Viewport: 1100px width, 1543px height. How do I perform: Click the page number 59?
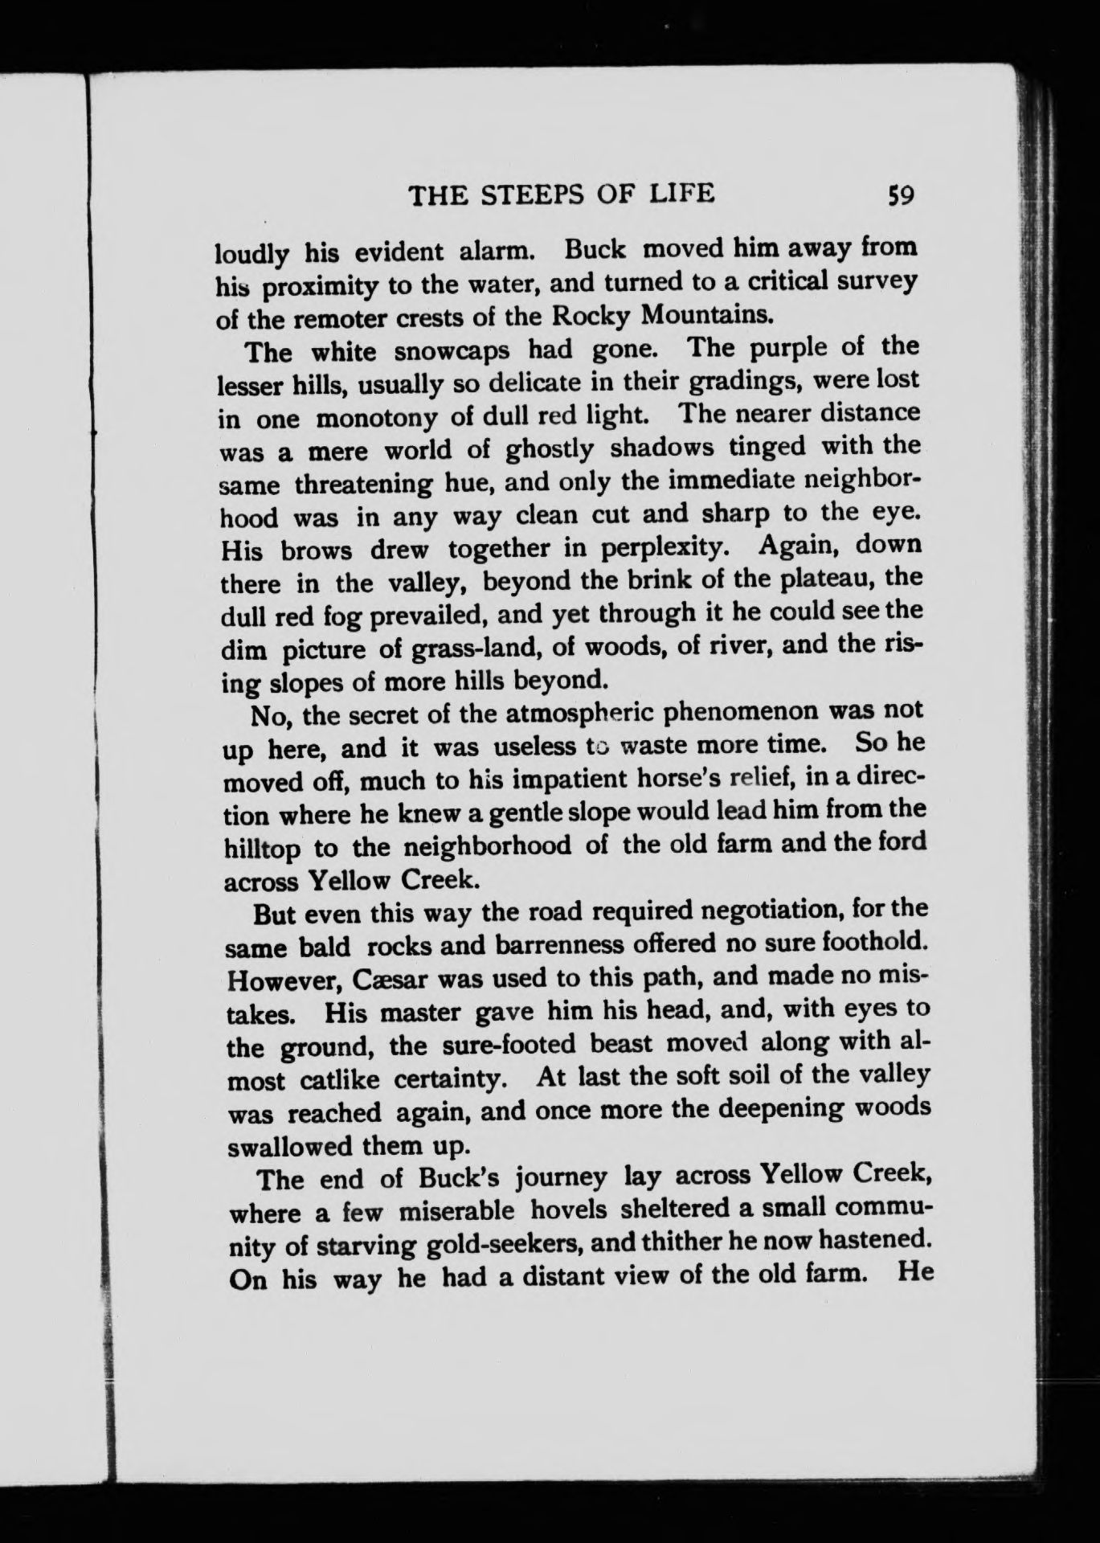click(x=898, y=196)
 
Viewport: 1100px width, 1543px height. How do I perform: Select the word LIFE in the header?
click(x=681, y=195)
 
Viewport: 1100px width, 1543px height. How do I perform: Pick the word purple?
click(x=798, y=348)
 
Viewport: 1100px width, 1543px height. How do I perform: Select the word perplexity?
click(x=665, y=549)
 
